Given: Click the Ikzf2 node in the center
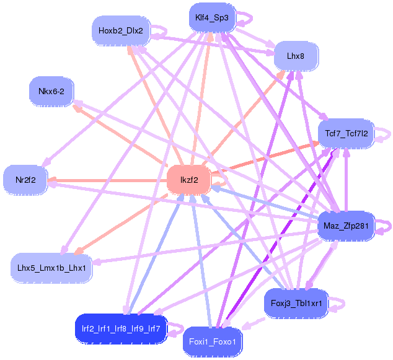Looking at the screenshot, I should coord(189,180).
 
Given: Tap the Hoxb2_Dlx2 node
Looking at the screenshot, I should coord(120,30).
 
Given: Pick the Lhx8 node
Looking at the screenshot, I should coord(295,56).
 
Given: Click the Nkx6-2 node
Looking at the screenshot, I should coord(51,92).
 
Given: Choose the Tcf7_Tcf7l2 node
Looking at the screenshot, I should coord(347,133).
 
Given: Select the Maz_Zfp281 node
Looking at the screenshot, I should coord(345,225).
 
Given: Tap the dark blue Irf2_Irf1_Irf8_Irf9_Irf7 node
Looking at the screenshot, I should coord(121,328).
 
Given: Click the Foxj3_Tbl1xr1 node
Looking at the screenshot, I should coord(295,303).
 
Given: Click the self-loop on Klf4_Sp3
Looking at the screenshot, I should coord(244,19).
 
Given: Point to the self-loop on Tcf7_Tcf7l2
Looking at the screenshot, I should coord(386,133).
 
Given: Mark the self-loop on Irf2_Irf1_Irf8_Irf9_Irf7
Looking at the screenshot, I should coord(177,328).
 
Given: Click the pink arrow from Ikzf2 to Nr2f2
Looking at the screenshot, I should coord(105,180).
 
